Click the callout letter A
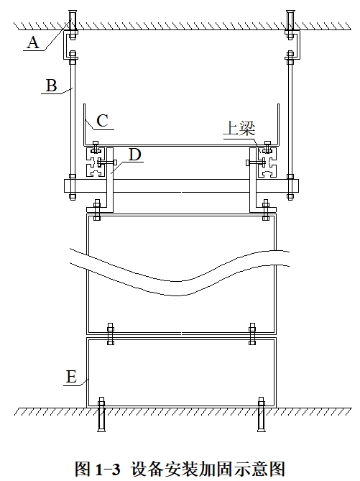(x=33, y=42)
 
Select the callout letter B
(x=52, y=86)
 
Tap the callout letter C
(x=102, y=121)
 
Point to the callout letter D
(x=134, y=155)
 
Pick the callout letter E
(x=71, y=377)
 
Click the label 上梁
(x=239, y=129)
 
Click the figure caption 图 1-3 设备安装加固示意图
(x=180, y=469)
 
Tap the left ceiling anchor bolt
(x=72, y=25)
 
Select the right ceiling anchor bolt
(x=290, y=25)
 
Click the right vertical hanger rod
(x=290, y=126)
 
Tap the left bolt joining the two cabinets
(x=111, y=334)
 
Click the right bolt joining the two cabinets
(x=252, y=334)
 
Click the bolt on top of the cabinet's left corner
(x=96, y=210)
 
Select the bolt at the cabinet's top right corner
(x=266, y=210)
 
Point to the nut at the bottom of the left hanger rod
(x=73, y=196)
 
